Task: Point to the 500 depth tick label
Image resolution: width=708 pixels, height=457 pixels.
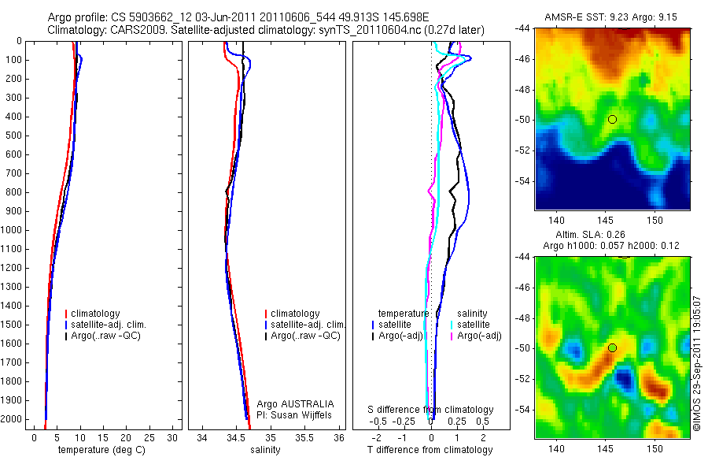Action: [15, 136]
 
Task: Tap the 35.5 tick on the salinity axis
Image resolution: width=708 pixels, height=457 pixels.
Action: [304, 437]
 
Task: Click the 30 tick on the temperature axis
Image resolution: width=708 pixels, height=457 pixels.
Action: [172, 437]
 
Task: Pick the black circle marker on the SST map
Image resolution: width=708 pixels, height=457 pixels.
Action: [612, 119]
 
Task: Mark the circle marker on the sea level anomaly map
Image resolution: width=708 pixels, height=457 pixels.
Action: [612, 347]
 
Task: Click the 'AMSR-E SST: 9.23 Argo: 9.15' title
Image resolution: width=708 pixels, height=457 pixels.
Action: [612, 17]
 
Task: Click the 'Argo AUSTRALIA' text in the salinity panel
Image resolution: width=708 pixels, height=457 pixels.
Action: [289, 403]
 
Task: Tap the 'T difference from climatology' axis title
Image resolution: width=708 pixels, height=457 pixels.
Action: [430, 450]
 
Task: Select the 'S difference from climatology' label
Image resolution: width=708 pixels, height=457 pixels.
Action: [431, 410]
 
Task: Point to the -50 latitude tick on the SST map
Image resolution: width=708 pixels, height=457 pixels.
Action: [522, 120]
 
